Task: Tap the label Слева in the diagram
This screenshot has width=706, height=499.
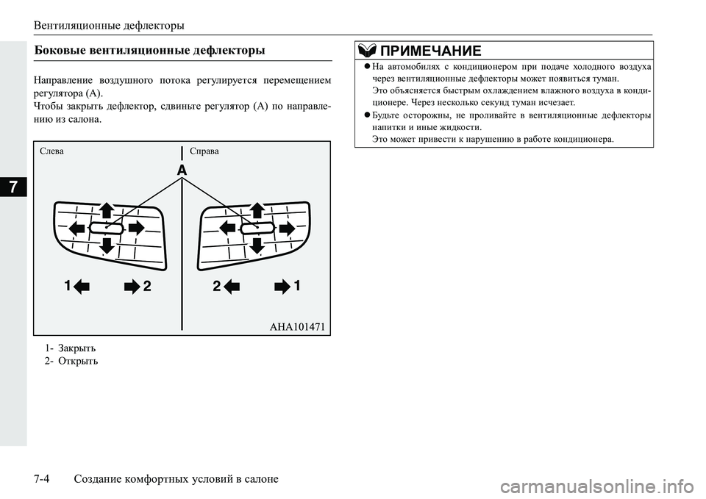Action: [x=53, y=151]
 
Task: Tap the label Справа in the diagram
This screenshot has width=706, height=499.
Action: [x=204, y=151]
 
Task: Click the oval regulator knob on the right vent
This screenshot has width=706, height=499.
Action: [x=256, y=228]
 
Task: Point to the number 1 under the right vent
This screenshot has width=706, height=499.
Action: [x=297, y=285]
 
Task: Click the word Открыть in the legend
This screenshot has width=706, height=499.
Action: [x=77, y=361]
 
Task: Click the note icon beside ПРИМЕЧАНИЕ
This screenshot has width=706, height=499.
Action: [x=366, y=50]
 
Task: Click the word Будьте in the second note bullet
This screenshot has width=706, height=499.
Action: [x=391, y=115]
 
